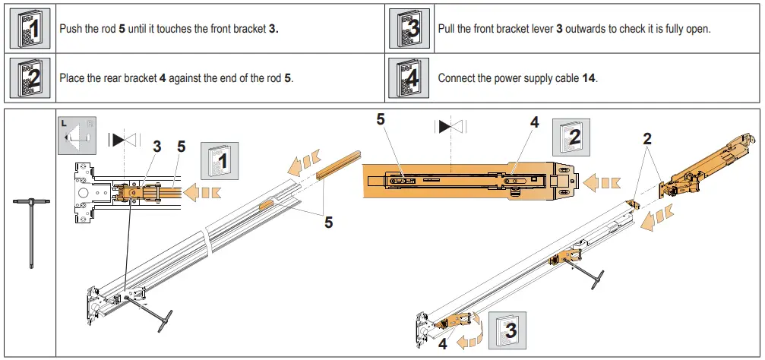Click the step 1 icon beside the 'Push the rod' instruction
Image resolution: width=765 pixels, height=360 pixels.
30,29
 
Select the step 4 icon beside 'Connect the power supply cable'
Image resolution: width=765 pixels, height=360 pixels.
409,77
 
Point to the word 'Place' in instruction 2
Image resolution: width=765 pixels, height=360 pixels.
72,78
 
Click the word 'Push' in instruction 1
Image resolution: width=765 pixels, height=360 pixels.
71,29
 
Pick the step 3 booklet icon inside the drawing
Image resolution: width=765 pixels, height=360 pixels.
509,330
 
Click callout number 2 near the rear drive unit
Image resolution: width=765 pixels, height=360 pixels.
646,139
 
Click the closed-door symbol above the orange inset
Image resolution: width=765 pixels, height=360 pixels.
450,126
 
